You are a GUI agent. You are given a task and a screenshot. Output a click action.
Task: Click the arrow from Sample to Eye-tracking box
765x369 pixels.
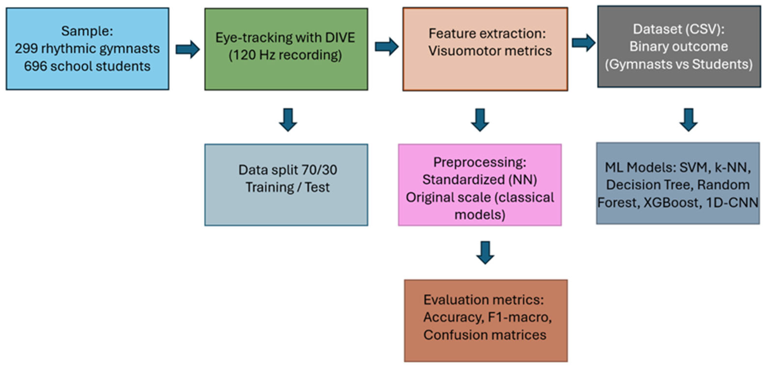click(187, 49)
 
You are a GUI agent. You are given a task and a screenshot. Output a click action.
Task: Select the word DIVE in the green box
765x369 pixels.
click(340, 38)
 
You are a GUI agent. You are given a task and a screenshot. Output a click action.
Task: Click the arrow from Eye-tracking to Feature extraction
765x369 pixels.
click(386, 46)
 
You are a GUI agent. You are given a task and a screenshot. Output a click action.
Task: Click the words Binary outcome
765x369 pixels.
click(679, 46)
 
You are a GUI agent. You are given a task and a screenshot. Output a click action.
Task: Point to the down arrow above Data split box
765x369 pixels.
click(288, 120)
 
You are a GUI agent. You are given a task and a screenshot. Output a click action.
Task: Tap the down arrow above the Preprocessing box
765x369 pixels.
click(480, 120)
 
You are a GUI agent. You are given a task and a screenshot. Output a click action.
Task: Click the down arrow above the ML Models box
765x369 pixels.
click(688, 120)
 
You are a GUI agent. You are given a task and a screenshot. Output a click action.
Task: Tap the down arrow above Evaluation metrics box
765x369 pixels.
click(485, 253)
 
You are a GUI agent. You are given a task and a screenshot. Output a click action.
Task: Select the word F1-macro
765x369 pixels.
click(520, 317)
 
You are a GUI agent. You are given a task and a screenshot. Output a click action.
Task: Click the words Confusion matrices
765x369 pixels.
click(485, 335)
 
